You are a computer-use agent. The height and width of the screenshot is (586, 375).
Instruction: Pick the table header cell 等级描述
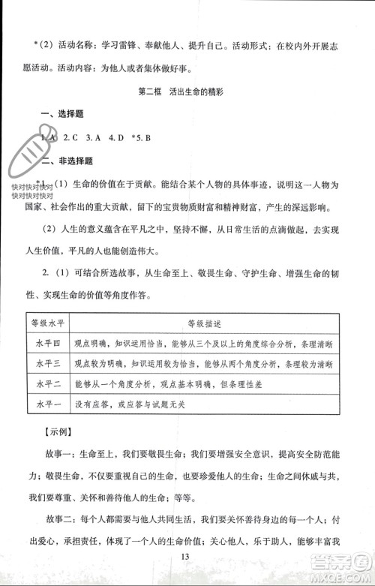(x=205, y=323)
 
